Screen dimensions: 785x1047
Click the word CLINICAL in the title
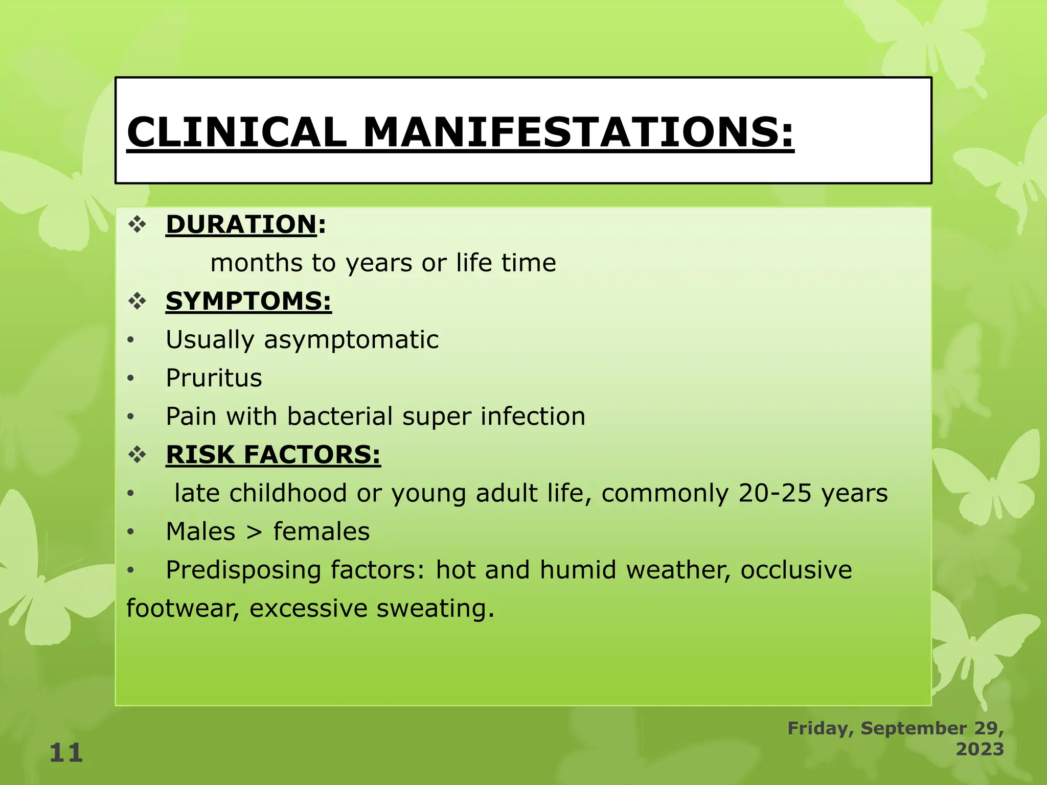pos(236,132)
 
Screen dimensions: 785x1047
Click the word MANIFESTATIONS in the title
pos(578,132)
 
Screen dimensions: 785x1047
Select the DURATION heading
pos(241,224)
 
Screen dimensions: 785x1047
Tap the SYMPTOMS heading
pos(248,301)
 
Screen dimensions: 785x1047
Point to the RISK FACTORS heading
pos(273,454)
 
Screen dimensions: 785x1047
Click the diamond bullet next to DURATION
pos(137,224)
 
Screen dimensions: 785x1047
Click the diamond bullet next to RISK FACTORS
pos(137,454)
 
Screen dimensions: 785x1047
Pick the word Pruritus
pos(214,378)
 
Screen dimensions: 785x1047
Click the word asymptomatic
pos(351,340)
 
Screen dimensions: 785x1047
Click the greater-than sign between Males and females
pos(254,532)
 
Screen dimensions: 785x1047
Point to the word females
pos(321,532)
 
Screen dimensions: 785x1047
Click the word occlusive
pos(796,570)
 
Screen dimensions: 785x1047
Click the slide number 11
pos(66,753)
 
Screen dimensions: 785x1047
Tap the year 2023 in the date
pos(980,749)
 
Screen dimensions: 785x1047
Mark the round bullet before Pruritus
pos(131,379)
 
